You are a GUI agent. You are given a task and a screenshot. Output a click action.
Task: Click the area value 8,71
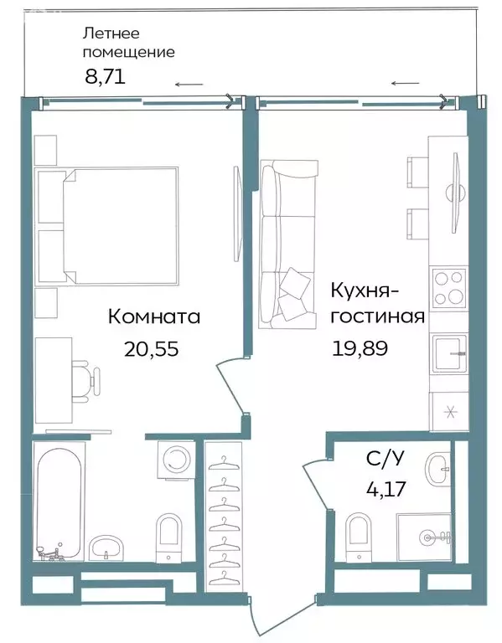click(104, 77)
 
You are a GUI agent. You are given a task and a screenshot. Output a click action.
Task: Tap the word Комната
click(154, 317)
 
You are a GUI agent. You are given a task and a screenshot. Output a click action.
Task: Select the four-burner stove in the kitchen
click(448, 288)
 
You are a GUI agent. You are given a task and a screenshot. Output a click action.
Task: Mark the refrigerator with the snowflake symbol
click(448, 411)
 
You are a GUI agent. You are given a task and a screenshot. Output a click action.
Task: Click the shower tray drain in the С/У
click(428, 536)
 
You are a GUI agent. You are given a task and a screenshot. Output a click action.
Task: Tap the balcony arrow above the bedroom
click(189, 85)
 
